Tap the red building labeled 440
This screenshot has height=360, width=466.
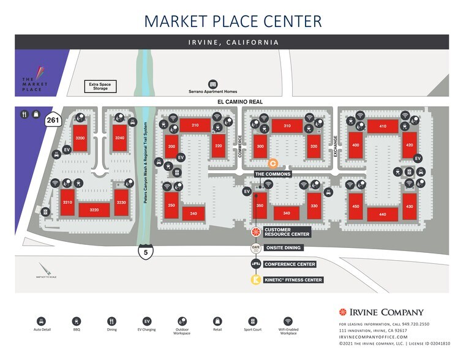click(383, 214)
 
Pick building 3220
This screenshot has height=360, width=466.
click(94, 210)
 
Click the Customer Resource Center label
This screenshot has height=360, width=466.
click(287, 232)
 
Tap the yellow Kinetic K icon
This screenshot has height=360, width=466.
click(255, 280)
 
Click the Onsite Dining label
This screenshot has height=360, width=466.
click(284, 248)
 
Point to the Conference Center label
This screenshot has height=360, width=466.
click(290, 264)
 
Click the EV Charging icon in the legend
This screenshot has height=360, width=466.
click(147, 321)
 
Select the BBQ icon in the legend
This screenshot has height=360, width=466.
click(77, 321)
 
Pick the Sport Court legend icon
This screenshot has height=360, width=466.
click(252, 321)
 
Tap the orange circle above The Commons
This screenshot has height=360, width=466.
click(274, 163)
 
